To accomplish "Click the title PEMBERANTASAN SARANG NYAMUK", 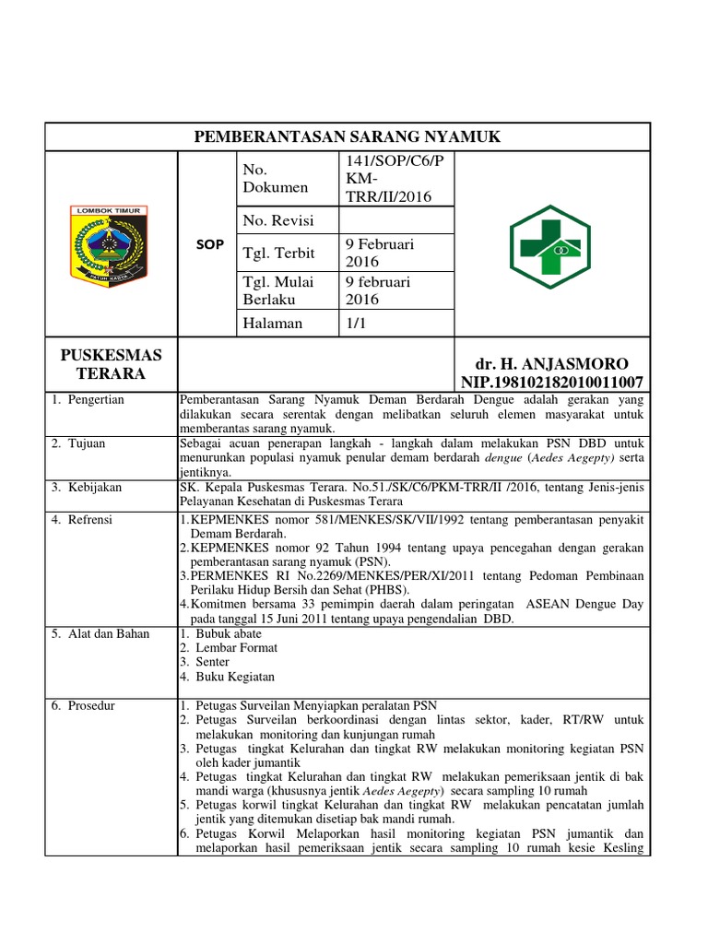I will [347, 136].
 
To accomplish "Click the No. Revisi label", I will [277, 220].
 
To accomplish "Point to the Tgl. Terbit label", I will [278, 253].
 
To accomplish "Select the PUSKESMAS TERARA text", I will [112, 364].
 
